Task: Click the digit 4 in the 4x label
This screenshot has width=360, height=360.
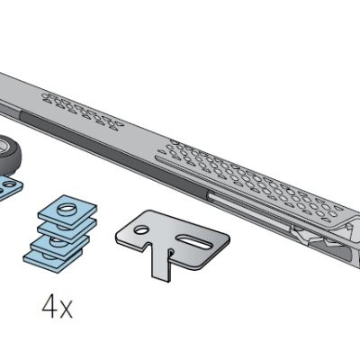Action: [x=48, y=307]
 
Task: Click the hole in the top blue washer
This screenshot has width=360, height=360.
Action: [x=67, y=208]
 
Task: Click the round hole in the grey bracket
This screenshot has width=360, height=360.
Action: [x=140, y=229]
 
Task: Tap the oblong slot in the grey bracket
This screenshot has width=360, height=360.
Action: [x=194, y=241]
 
